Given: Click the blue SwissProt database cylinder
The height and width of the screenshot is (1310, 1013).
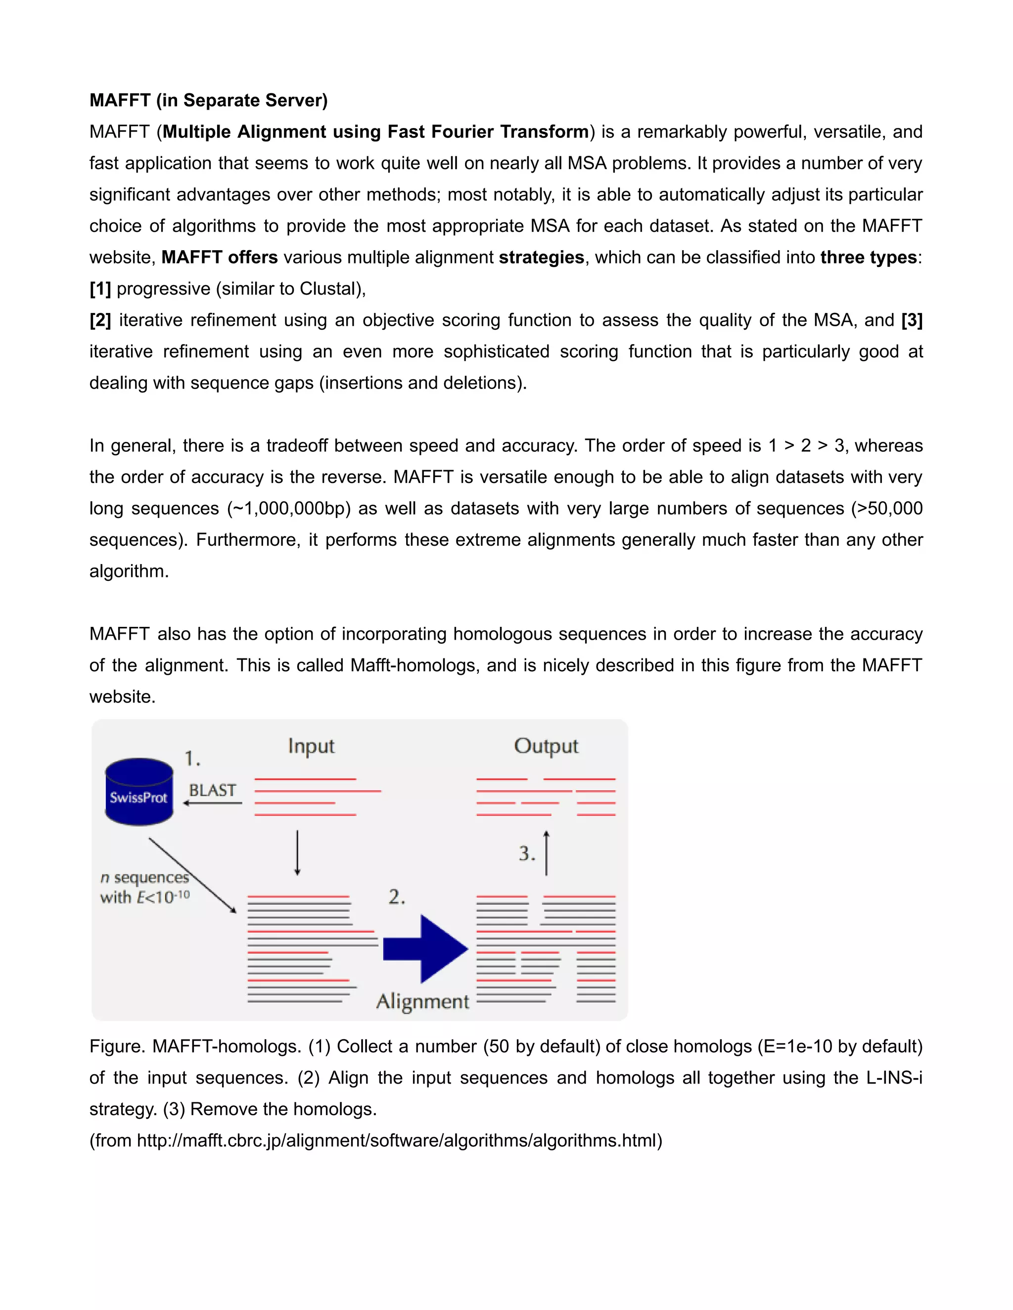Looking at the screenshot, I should click(138, 792).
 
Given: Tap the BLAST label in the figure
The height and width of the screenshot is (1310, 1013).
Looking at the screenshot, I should click(212, 790).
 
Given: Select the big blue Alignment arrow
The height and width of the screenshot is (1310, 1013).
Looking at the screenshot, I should click(425, 948).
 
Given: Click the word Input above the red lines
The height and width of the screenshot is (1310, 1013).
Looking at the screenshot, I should click(311, 746).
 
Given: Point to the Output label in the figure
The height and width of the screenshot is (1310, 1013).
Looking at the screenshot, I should click(546, 746).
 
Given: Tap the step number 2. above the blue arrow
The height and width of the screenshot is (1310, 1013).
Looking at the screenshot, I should click(396, 897).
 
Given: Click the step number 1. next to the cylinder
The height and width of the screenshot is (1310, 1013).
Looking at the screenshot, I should click(192, 759).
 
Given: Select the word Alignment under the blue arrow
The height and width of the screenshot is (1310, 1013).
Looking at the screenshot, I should click(422, 1001).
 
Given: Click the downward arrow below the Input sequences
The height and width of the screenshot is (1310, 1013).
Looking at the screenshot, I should click(297, 852).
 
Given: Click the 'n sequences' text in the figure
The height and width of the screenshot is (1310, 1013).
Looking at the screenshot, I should click(144, 877).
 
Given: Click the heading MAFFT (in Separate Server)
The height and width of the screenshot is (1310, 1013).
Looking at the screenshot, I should click(208, 100).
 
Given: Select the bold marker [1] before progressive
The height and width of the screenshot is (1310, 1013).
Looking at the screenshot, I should click(100, 289).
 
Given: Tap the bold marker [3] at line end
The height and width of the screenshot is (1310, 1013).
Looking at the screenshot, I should click(911, 320).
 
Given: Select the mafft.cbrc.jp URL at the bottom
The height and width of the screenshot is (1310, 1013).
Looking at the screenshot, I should click(399, 1140).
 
